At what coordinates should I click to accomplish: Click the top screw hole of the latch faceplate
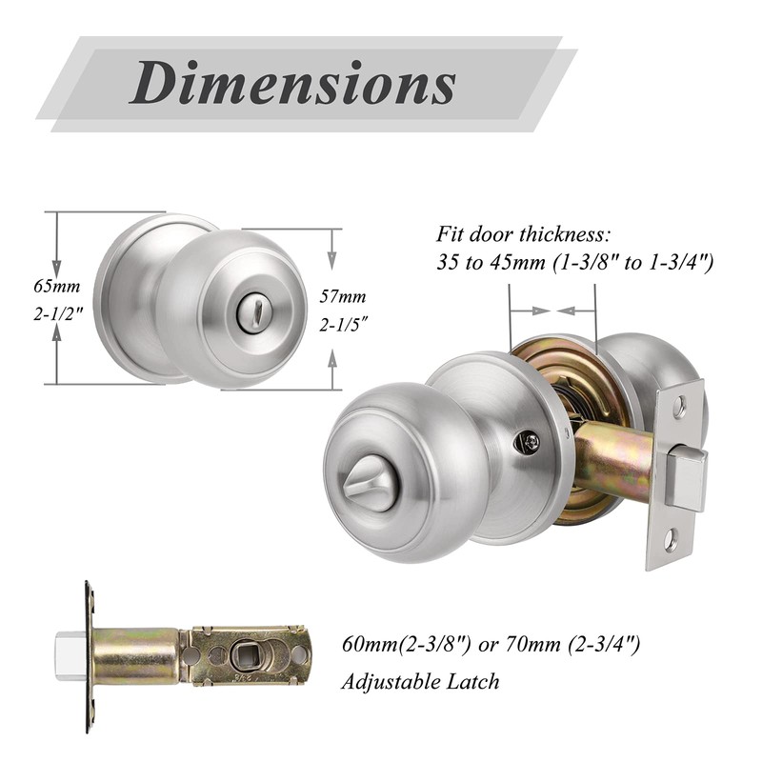(x=679, y=406)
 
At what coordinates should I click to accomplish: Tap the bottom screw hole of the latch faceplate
(x=671, y=542)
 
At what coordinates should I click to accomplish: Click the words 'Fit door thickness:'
(x=522, y=233)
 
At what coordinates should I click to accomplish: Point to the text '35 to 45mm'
(x=486, y=262)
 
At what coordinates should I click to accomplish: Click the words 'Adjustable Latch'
(x=420, y=681)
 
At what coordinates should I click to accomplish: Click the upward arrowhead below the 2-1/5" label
(x=333, y=357)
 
